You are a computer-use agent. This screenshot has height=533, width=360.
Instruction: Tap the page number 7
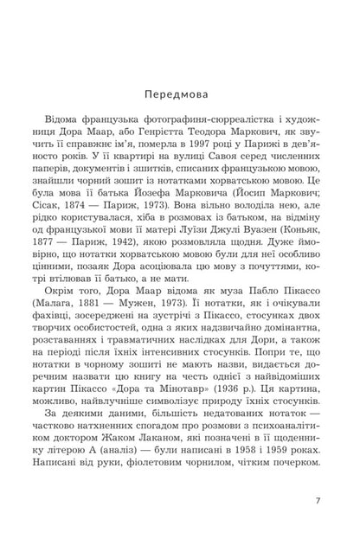[x=318, y=500]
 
